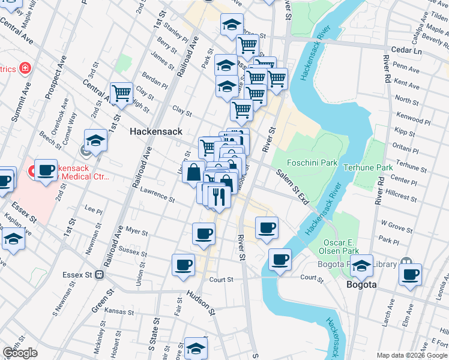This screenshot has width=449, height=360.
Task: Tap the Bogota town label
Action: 362,284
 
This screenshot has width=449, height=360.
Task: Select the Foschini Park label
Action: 312,162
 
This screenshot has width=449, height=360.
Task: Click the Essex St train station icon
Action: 100,275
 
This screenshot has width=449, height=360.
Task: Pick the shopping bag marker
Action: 194,173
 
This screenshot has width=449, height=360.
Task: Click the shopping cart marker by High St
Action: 122,94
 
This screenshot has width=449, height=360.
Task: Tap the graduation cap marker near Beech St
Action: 95,141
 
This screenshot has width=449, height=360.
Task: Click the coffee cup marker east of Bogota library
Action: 410,275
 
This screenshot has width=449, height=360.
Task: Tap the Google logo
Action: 20,353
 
